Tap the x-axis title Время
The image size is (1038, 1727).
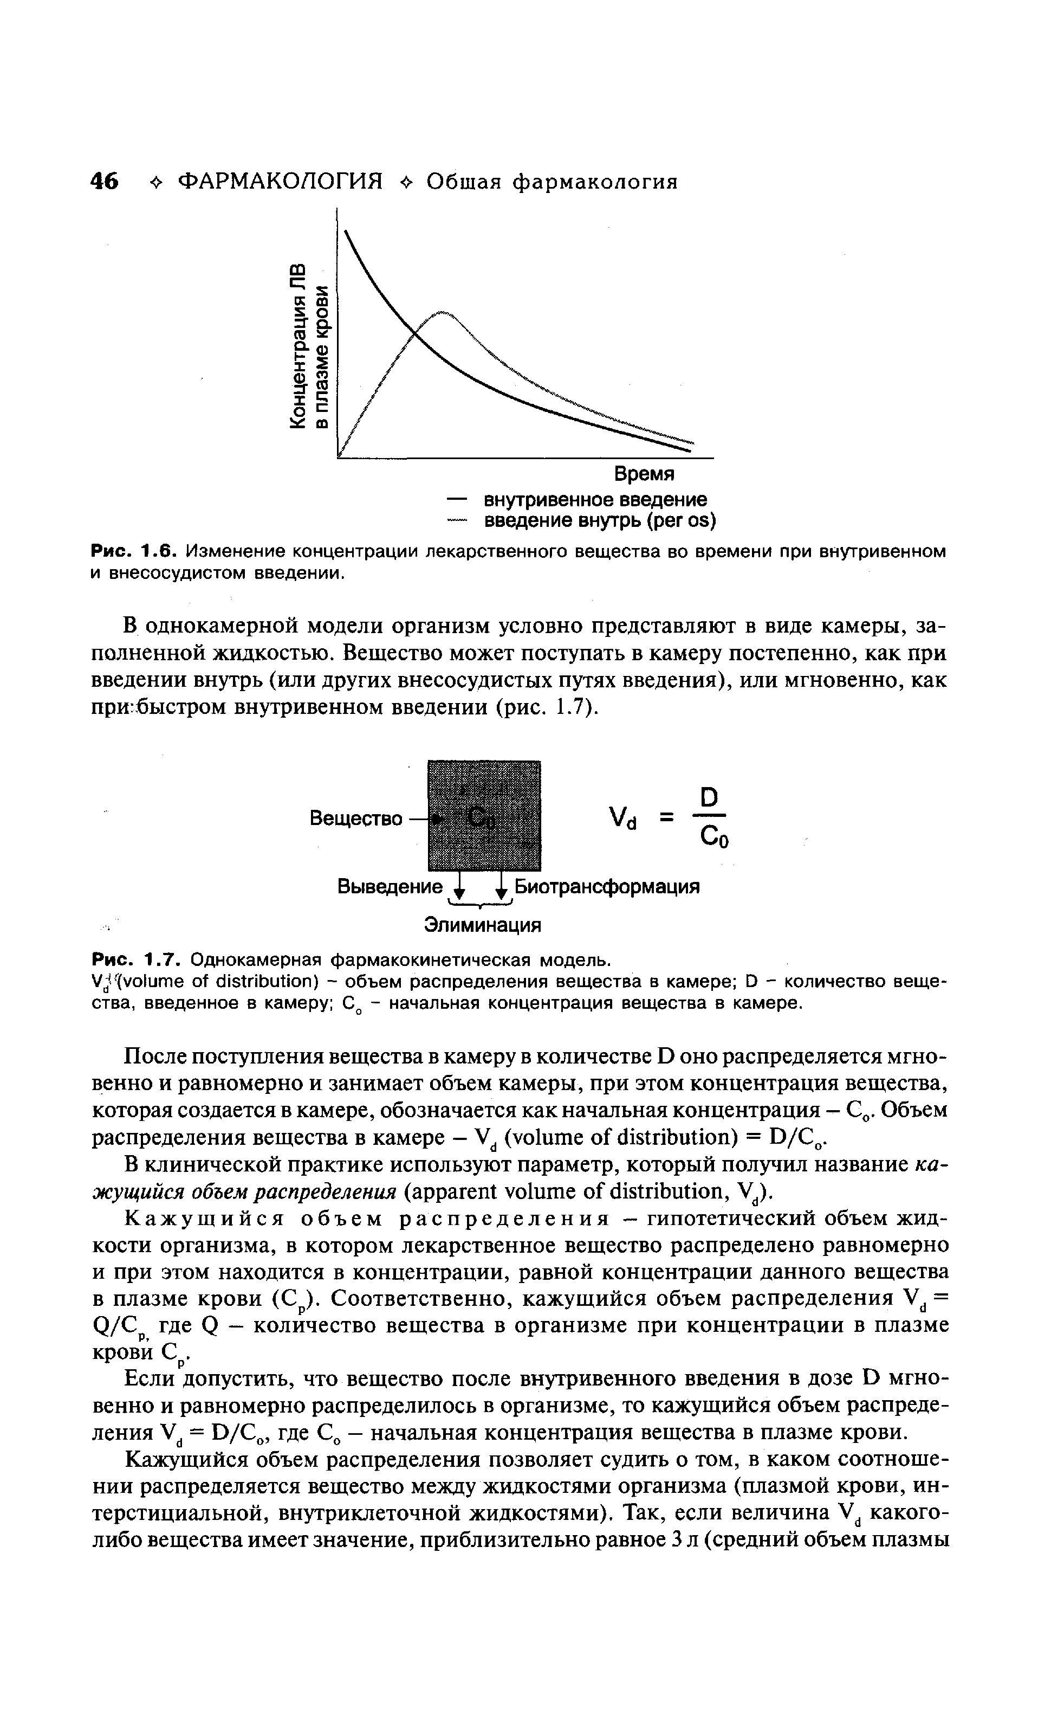pos(644,474)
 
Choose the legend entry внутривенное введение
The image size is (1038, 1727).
pos(594,500)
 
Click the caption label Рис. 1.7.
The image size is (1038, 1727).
pos(137,957)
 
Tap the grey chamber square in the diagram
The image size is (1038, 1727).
pos(484,815)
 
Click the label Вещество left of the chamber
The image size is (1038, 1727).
pos(356,818)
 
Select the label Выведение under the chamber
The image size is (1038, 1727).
pos(390,887)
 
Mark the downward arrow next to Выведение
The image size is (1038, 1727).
pos(459,887)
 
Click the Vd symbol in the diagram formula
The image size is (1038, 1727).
pos(622,818)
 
